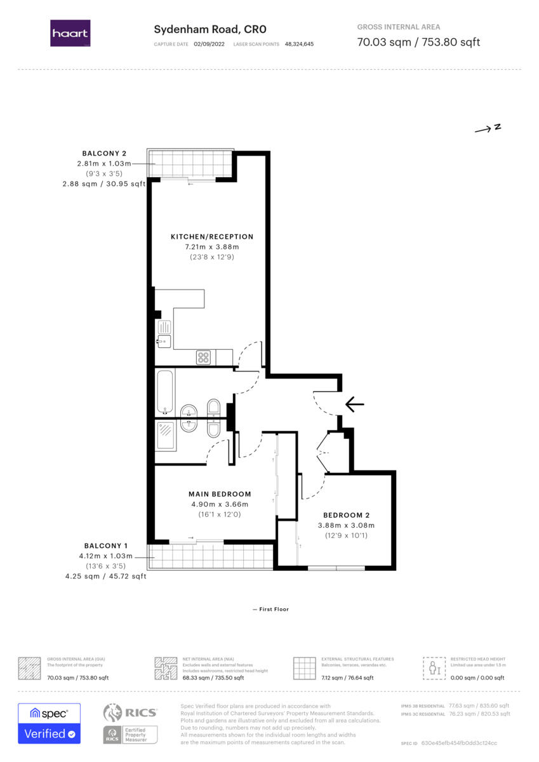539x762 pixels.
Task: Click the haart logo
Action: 70,33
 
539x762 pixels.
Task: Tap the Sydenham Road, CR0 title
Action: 210,30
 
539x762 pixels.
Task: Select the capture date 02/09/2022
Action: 209,44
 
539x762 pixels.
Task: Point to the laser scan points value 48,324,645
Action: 299,44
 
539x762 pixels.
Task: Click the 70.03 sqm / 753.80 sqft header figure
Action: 418,42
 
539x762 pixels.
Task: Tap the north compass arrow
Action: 488,128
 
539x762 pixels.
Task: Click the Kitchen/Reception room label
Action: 212,237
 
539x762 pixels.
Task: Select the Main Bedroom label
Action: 220,494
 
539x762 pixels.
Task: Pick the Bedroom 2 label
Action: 346,516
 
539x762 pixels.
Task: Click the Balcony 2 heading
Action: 104,154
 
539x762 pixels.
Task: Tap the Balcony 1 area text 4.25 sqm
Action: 82,577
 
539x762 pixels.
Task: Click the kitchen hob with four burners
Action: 203,358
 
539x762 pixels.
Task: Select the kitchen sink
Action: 164,334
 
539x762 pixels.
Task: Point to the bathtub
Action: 165,392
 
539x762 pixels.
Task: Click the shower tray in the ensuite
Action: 166,436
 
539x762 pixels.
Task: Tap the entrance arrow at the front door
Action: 355,404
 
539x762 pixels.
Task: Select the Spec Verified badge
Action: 50,723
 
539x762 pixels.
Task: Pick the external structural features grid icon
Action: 304,669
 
